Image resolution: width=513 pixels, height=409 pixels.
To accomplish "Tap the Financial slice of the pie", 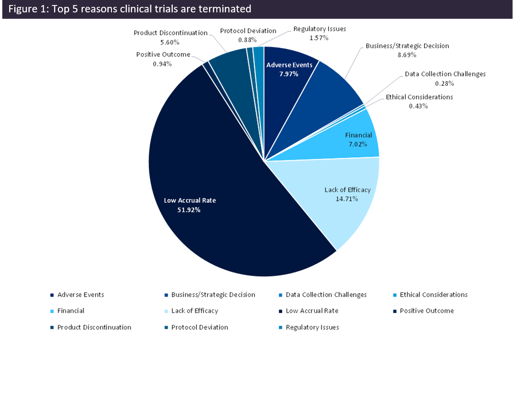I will tap(353, 137).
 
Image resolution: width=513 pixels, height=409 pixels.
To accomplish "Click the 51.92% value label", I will tap(189, 210).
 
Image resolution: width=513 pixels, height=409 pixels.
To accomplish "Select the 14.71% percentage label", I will tap(347, 199).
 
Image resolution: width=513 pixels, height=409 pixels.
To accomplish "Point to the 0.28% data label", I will tap(445, 83).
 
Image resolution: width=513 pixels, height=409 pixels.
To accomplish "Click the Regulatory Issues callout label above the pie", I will tap(320, 29).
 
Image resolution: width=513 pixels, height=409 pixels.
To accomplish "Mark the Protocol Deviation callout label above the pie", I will tap(248, 31).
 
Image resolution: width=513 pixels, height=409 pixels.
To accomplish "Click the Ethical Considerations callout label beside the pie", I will tap(419, 97).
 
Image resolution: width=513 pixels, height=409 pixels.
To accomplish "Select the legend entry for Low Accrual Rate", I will tap(312, 311).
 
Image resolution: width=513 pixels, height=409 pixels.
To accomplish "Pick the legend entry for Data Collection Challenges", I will tap(326, 295).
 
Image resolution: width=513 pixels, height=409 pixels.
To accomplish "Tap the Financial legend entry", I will tap(71, 311).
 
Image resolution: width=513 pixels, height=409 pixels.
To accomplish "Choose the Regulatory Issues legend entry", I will tap(312, 327).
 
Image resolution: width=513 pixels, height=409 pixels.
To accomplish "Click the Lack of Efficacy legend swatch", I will tap(166, 311).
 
